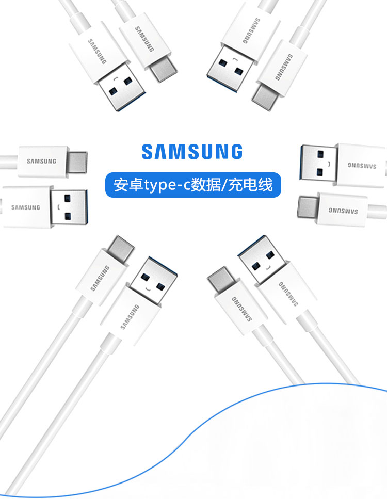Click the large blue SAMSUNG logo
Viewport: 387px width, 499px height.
coord(192,151)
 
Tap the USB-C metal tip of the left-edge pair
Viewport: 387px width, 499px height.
coord(77,162)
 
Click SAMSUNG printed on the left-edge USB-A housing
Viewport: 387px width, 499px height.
coord(26,207)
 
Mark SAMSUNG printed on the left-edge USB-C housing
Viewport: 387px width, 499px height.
coord(42,161)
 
